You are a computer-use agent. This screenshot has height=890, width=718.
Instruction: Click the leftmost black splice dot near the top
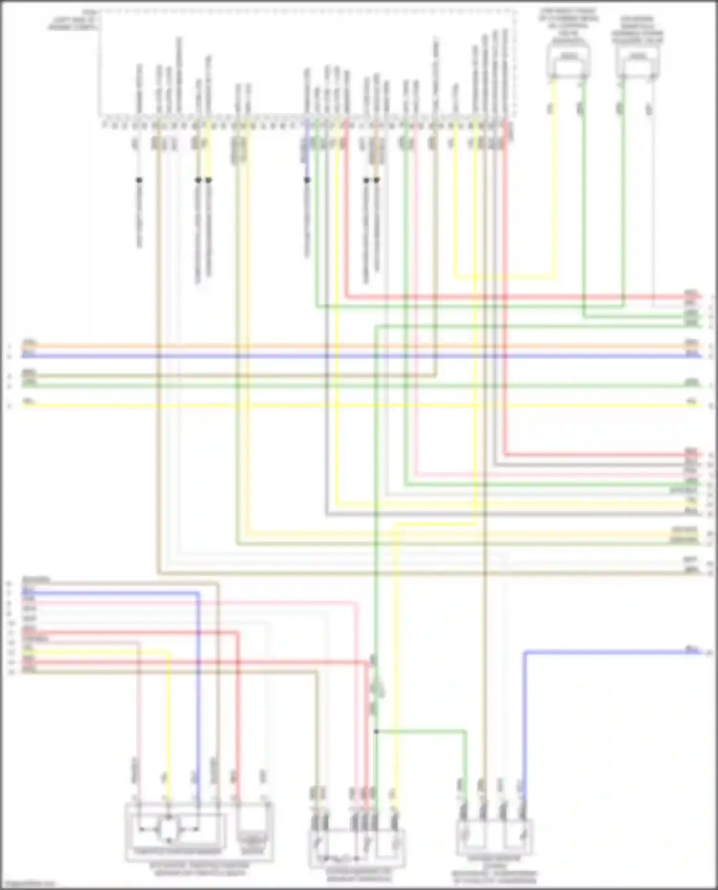pyautogui.click(x=139, y=180)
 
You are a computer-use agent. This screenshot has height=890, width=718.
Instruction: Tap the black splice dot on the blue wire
pyautogui.click(x=307, y=180)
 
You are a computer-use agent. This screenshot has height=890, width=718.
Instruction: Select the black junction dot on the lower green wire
pyautogui.click(x=376, y=731)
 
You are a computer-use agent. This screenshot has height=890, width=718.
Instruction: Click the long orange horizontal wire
pyautogui.click(x=335, y=346)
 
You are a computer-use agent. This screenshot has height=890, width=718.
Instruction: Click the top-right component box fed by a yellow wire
pyautogui.click(x=568, y=62)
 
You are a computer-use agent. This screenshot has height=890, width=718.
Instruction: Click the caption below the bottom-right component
pyautogui.click(x=494, y=873)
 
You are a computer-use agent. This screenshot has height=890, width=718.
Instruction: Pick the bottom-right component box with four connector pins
pyautogui.click(x=494, y=837)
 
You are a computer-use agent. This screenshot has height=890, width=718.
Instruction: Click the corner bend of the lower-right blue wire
pyautogui.click(x=525, y=652)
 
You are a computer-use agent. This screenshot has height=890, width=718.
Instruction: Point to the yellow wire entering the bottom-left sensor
pyautogui.click(x=168, y=717)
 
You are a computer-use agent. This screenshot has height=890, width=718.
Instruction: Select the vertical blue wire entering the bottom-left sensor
pyautogui.click(x=198, y=693)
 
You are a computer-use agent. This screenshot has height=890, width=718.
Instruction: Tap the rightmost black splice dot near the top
pyautogui.click(x=377, y=180)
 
